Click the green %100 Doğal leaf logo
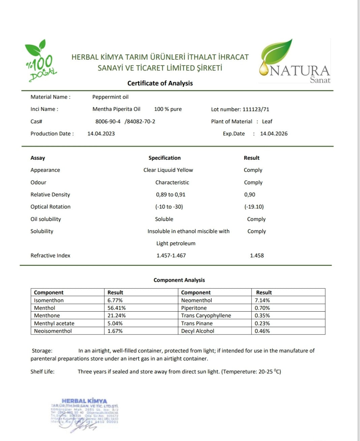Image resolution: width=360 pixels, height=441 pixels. point(40,61)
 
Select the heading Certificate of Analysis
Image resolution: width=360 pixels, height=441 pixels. point(160,83)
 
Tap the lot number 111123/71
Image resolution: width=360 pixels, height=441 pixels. point(256,109)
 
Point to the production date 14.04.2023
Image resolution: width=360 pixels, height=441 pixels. point(101,133)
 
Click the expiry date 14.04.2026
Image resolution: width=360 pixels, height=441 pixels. point(274,133)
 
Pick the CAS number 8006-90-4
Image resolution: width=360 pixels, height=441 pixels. point(108,121)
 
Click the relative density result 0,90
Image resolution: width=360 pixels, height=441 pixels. point(250,194)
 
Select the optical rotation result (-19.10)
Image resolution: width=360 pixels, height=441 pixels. point(254,207)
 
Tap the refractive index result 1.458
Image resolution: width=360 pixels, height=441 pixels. point(257,255)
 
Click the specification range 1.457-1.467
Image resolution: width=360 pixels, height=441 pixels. point(171,255)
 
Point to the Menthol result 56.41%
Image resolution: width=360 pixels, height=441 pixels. point(117,308)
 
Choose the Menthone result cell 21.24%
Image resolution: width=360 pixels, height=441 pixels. point(117,315)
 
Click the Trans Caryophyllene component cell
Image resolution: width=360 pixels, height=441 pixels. point(206,315)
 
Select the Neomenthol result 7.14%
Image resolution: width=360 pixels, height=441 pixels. point(262,300)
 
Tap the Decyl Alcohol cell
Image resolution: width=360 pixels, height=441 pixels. point(198,331)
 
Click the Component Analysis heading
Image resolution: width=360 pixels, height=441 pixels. point(179,280)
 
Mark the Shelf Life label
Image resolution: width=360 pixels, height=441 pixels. point(42,371)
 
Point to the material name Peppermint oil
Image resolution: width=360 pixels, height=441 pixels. point(110,97)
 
